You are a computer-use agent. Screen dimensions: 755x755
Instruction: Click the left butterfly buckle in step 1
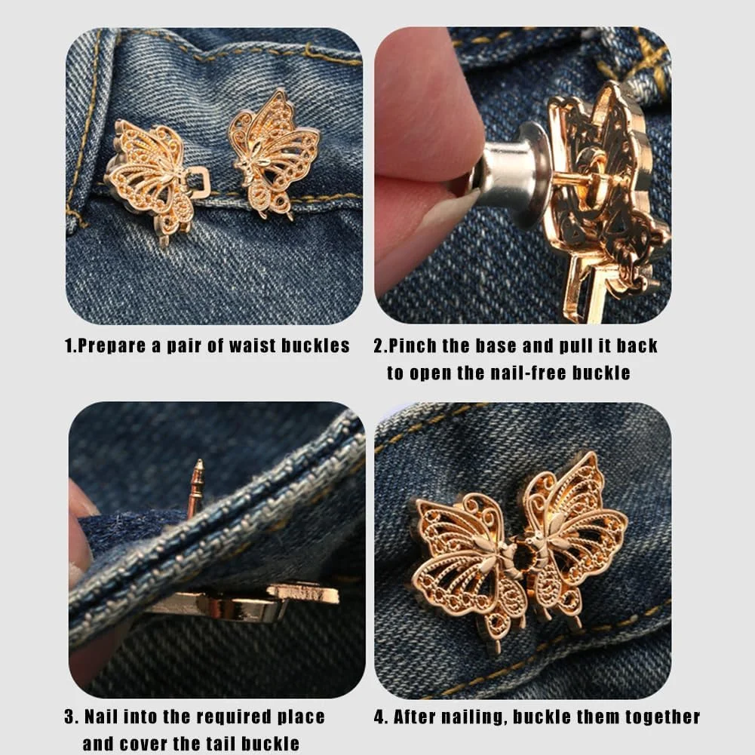pyautogui.click(x=152, y=178)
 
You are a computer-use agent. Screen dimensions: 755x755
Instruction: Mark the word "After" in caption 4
pyautogui.click(x=415, y=717)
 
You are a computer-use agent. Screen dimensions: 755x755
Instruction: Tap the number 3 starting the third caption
pyautogui.click(x=70, y=717)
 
